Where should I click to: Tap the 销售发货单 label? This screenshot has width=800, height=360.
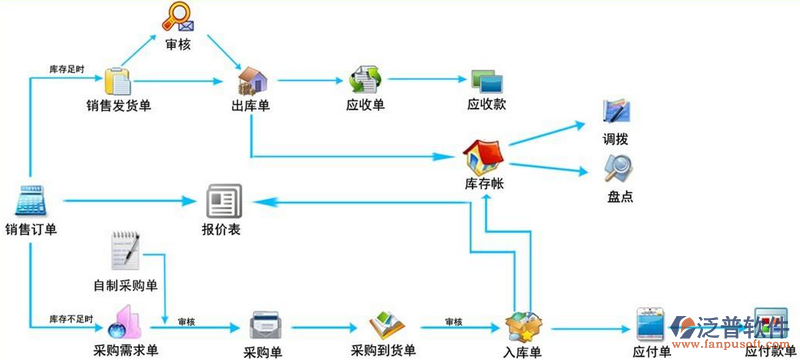[x=118, y=107]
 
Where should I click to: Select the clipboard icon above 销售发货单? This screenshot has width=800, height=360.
[x=118, y=79]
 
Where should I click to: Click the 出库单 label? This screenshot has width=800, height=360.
[x=250, y=107]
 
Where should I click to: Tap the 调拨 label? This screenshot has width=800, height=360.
[x=616, y=138]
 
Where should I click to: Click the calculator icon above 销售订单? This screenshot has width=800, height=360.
[x=32, y=203]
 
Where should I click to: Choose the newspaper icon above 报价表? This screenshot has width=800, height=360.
[x=222, y=203]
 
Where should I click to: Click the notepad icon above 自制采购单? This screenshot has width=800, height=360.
[x=127, y=250]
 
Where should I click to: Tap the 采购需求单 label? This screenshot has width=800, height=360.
[x=119, y=352]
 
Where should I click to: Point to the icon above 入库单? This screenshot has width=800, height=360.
[x=522, y=326]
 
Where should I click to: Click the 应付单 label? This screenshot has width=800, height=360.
[x=651, y=352]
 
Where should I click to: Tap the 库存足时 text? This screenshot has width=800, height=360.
[x=67, y=68]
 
